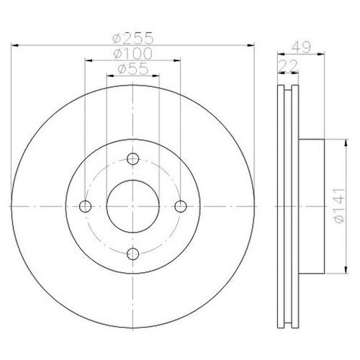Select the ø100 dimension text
point(132,55)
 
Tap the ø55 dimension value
point(131,70)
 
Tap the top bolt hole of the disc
point(132,160)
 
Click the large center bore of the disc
point(132,207)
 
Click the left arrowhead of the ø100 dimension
point(89,60)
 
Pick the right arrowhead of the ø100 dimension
point(177,60)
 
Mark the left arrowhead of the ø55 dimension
point(109,76)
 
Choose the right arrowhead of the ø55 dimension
point(156,76)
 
